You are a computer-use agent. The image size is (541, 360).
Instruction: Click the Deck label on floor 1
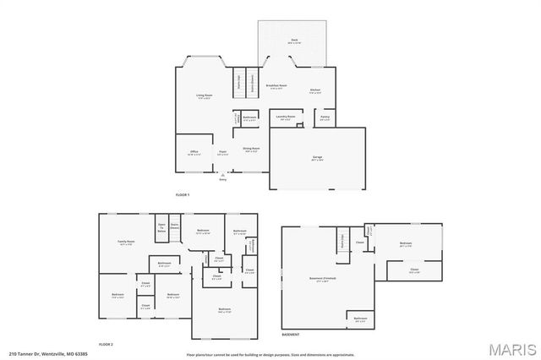click(x=294, y=41)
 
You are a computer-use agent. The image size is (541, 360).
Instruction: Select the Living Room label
click(x=205, y=96)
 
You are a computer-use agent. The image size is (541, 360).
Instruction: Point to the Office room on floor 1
click(x=194, y=152)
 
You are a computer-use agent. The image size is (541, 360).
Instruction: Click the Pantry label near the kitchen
click(x=325, y=118)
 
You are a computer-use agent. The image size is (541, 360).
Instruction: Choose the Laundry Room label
click(x=286, y=117)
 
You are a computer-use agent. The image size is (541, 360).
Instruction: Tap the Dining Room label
click(x=251, y=149)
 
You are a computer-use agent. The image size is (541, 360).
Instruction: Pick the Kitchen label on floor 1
click(x=314, y=90)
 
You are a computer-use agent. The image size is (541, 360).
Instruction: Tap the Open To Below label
click(x=161, y=228)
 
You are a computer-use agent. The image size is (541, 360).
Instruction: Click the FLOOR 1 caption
click(x=183, y=194)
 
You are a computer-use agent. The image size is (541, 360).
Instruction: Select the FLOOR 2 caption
click(x=106, y=344)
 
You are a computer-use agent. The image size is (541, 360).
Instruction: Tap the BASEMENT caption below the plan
click(x=290, y=335)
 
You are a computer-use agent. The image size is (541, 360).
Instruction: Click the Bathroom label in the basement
click(x=359, y=319)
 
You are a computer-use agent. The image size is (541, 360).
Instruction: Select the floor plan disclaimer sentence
click(x=270, y=354)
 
